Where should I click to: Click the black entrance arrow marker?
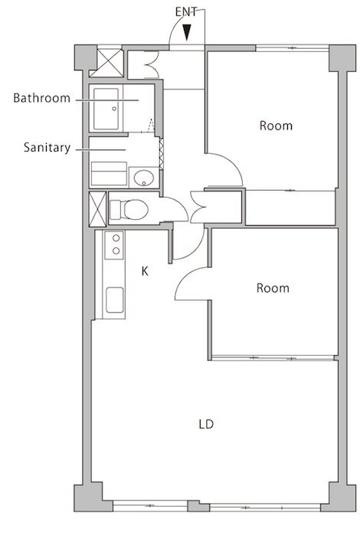point(187,32)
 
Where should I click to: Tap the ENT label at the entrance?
point(186,12)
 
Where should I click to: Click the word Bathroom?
point(42,98)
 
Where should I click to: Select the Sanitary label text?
point(47,148)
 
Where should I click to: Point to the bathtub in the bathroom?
point(106,109)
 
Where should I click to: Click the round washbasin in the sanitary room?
point(144,178)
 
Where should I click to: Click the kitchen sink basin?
point(114,299)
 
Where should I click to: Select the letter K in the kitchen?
point(145,271)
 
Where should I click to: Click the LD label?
point(206,424)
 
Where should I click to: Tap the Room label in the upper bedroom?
point(276,126)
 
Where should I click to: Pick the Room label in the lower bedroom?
point(273,288)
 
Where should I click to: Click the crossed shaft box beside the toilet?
point(97,209)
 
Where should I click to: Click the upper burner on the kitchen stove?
point(116,238)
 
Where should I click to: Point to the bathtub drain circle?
point(114,109)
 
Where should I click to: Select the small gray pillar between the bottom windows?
point(198,506)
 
